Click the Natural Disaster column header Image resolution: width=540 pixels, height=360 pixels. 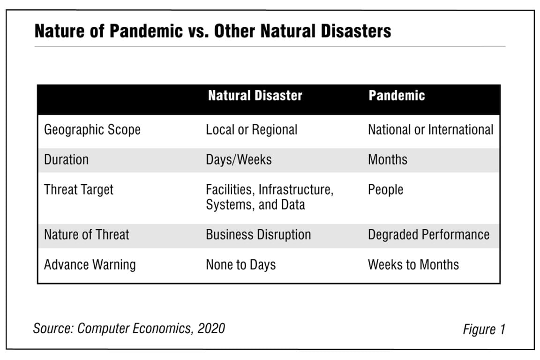coord(255,96)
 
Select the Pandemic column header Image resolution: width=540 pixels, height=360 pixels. coord(397,96)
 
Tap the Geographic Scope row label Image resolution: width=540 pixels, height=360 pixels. coord(92,130)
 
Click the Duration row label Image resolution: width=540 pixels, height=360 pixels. coord(66,159)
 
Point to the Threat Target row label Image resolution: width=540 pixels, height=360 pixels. coord(79,190)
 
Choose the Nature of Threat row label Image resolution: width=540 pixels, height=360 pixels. coord(86,234)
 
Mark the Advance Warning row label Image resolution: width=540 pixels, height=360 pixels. coord(90,264)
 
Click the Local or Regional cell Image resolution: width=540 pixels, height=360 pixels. coord(251,130)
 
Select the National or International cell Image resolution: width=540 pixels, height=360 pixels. coord(430,130)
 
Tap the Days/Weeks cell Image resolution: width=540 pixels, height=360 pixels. coord(239,159)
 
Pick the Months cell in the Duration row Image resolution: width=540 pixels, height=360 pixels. coord(388,159)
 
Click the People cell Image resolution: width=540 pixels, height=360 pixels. coord(385,190)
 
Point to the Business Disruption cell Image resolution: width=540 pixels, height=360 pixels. coord(258,234)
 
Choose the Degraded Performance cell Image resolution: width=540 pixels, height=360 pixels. coord(428,234)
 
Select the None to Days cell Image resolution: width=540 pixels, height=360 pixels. coord(240,264)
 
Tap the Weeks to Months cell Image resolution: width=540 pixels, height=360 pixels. coord(413,264)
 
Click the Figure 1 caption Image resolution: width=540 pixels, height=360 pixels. coord(484,329)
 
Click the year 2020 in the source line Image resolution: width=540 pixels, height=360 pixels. coord(210,328)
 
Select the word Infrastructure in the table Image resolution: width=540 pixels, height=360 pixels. coord(296,190)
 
